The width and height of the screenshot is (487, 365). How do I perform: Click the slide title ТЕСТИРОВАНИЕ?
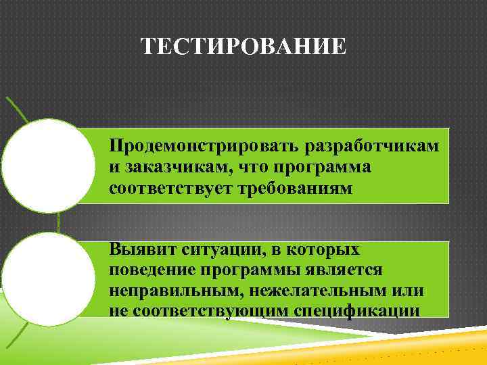point(243,48)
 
